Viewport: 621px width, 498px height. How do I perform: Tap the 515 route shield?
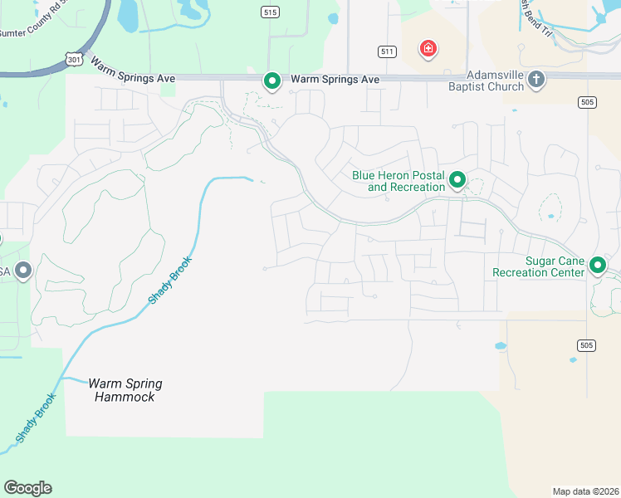pos(269,12)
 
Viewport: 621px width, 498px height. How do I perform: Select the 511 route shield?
pos(387,51)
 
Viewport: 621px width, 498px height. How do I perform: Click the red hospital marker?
pos(428,49)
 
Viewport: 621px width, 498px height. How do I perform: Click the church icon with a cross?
pos(536,79)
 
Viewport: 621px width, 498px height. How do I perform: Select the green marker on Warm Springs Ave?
pos(271,81)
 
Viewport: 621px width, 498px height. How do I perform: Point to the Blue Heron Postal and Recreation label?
pos(399,181)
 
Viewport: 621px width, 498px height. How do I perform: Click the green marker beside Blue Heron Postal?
pos(457,178)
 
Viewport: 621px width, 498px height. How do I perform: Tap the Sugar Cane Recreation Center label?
pos(532,266)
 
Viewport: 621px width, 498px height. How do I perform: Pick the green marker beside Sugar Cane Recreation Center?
pos(598,266)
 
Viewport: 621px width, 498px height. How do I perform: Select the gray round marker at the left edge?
pos(23,270)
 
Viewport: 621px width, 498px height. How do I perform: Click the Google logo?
pos(27,488)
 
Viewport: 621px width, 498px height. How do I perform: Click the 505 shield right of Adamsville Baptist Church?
pos(588,101)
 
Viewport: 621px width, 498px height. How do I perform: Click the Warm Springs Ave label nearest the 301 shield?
pos(133,70)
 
